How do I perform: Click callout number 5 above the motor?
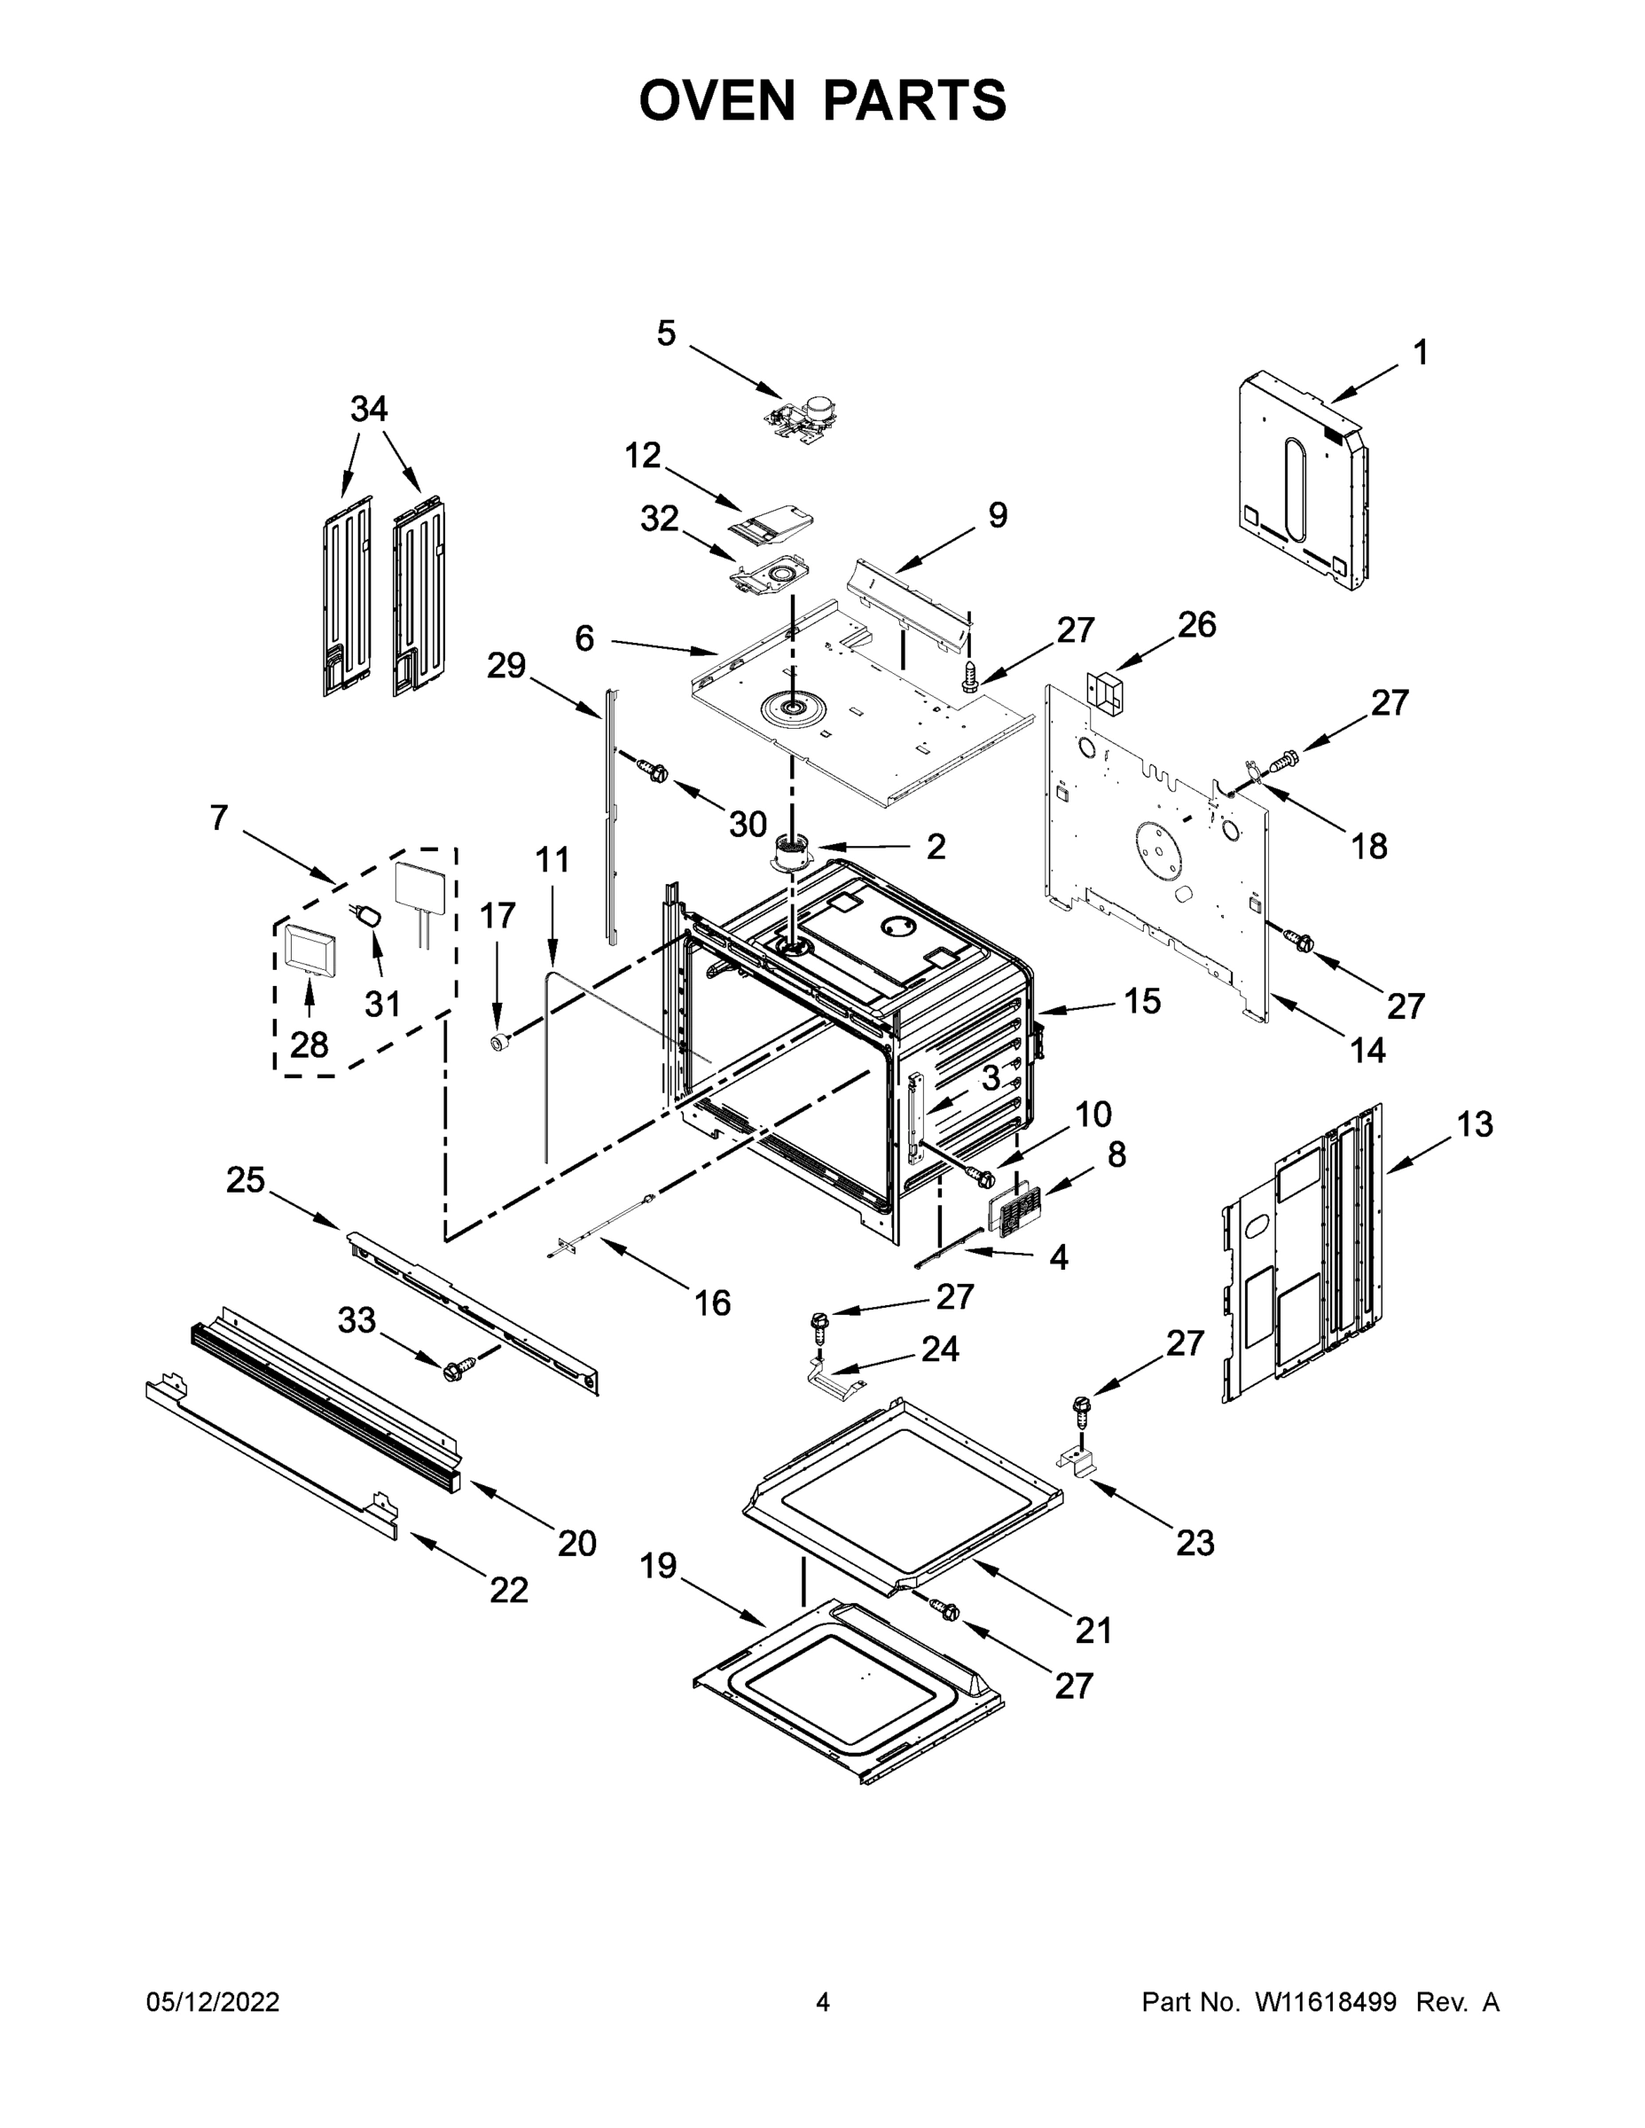click(666, 334)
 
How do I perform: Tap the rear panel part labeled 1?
click(1301, 482)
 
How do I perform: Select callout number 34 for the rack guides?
click(368, 410)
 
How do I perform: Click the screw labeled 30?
click(651, 771)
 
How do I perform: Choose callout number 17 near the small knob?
click(497, 917)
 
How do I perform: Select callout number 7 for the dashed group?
click(219, 818)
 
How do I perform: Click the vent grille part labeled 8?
click(1014, 1213)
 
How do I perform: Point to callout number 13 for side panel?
click(1475, 1124)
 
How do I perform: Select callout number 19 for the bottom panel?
click(658, 1566)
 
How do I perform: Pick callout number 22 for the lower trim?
click(509, 1589)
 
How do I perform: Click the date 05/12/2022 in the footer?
click(213, 2001)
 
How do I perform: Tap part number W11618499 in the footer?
click(1326, 2001)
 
